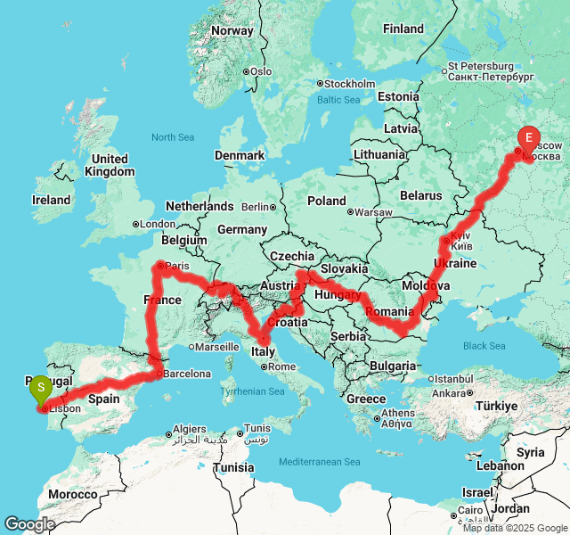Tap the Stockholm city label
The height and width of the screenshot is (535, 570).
pos(348,84)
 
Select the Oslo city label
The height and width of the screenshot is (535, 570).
pos(260,71)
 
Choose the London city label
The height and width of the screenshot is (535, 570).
pos(157,224)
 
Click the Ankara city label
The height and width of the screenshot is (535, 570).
pos(449,392)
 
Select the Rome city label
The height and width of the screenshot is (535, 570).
pos(281,366)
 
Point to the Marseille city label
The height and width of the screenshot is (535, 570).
pos(217,347)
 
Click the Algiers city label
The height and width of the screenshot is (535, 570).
pos(189,430)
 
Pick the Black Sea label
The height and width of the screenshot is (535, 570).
pos(484,346)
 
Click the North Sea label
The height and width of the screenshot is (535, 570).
pos(172,137)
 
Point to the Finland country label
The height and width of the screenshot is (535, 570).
pos(403,29)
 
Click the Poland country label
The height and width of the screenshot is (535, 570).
pos(326,201)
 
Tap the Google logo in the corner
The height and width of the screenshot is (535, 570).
pos(28,524)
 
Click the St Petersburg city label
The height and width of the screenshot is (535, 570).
pos(481,66)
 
